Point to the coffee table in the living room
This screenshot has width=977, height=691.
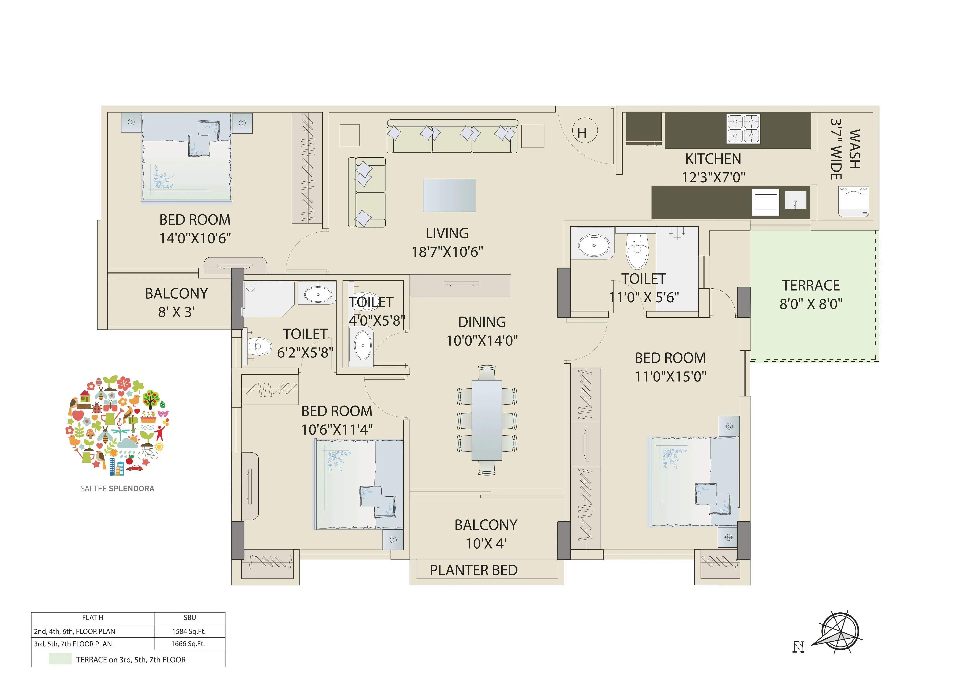[449, 195]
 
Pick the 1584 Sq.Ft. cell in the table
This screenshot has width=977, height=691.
[189, 631]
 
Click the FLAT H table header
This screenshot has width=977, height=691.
[93, 617]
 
